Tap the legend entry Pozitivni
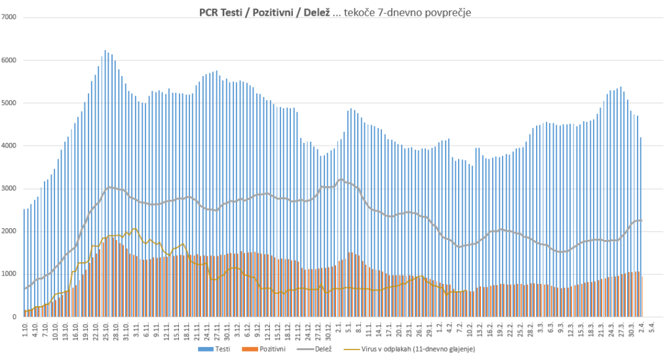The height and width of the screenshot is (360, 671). (269, 349)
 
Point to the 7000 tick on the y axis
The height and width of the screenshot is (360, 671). (9, 17)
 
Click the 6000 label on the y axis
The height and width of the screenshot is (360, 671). (9, 60)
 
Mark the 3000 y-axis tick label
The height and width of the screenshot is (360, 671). (9, 189)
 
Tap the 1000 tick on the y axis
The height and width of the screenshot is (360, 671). (9, 274)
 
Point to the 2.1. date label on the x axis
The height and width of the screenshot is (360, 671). (339, 329)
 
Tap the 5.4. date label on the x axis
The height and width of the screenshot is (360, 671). (651, 329)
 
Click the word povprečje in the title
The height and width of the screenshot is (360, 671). (448, 12)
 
